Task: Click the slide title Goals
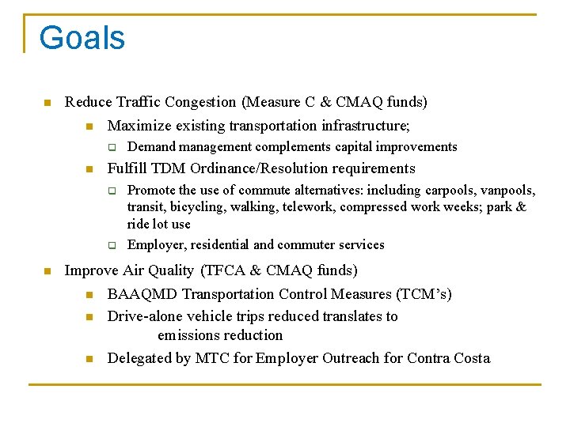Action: point(82,38)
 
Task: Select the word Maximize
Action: point(137,126)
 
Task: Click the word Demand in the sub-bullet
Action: point(151,147)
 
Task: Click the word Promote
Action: point(152,191)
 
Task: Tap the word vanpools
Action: point(507,191)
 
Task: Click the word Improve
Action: point(89,270)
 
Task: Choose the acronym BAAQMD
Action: point(142,294)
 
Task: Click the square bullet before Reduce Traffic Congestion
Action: point(47,103)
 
